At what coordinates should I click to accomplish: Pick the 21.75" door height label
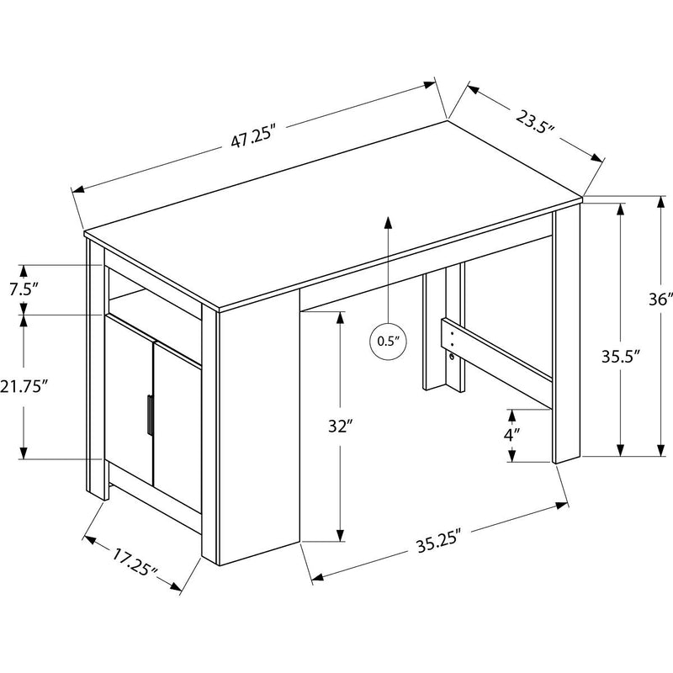[25, 386]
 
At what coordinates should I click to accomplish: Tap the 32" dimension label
[339, 427]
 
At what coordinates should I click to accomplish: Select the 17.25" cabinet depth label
[135, 559]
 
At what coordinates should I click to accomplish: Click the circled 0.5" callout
[387, 341]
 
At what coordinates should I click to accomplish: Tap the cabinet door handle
[148, 414]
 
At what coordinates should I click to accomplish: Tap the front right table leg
[566, 336]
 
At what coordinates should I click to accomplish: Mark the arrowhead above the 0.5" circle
[388, 222]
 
